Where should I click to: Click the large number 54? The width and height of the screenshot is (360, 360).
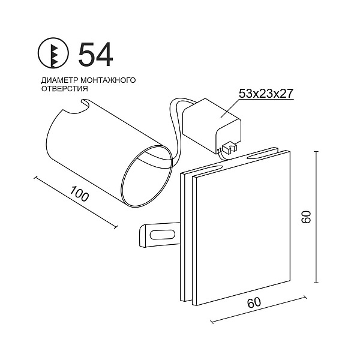(95, 55)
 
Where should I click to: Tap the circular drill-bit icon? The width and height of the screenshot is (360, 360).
(53, 53)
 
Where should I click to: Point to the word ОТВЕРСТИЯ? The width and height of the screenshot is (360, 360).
(65, 89)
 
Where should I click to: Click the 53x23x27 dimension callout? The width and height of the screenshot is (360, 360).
(266, 94)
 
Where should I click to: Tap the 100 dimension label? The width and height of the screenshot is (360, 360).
(79, 194)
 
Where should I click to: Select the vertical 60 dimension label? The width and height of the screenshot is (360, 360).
(306, 217)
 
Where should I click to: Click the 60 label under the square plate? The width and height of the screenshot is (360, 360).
(254, 302)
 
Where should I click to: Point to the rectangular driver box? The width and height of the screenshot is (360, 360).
(211, 126)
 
